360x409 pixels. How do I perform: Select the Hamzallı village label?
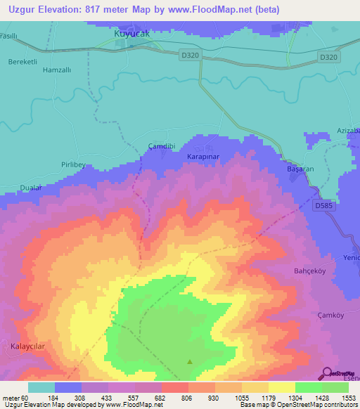click(58, 70)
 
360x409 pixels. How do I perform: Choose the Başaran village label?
click(301, 169)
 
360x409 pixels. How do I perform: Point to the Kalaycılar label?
click(29, 346)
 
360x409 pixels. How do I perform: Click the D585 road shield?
click(326, 205)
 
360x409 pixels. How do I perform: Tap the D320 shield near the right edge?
click(328, 58)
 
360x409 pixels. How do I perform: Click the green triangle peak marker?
click(190, 363)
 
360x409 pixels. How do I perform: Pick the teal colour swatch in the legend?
click(41, 387)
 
